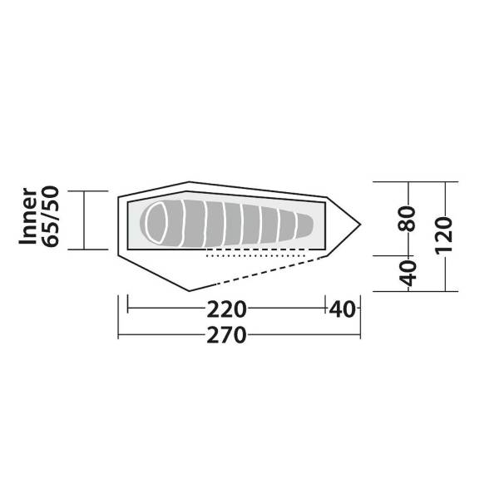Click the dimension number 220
pyautogui.click(x=226, y=309)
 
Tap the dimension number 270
pyautogui.click(x=226, y=335)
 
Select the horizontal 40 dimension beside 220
pyautogui.click(x=342, y=309)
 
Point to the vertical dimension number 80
pyautogui.click(x=407, y=218)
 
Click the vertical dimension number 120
pyautogui.click(x=443, y=235)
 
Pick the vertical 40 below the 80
pyautogui.click(x=408, y=273)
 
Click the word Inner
pyautogui.click(x=28, y=216)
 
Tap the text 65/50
pyautogui.click(x=51, y=216)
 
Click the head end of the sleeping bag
pyautogui.click(x=152, y=223)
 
